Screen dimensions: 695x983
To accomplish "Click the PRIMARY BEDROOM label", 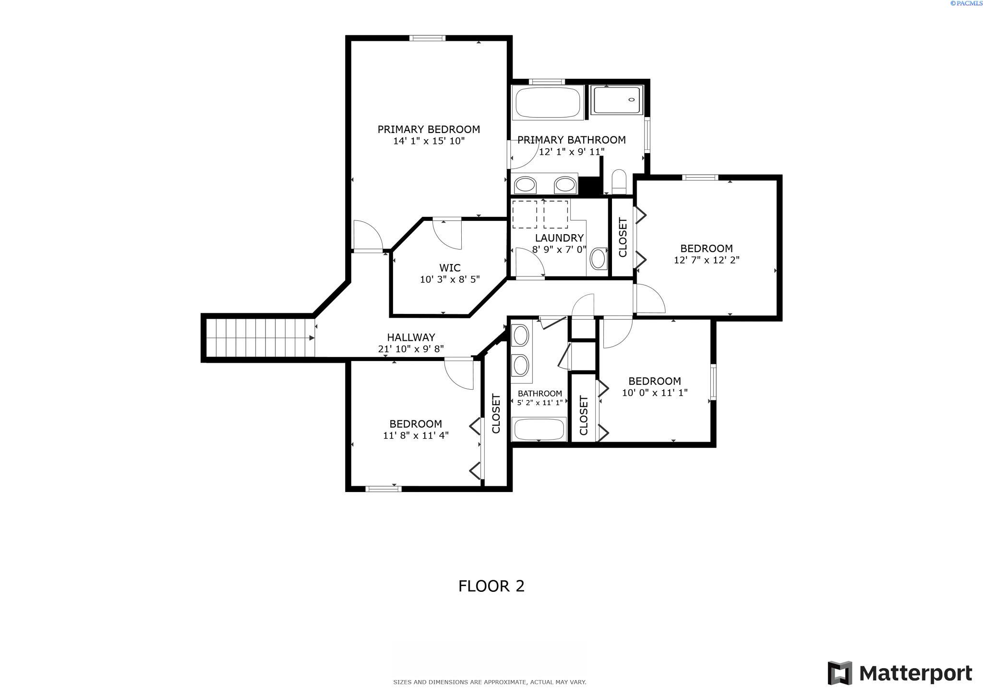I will tap(429, 129).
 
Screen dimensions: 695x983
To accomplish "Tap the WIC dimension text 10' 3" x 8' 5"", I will tap(450, 279).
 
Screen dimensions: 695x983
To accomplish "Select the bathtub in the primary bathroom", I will tap(547, 102).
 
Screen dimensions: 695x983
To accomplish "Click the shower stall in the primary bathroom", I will tap(616, 100).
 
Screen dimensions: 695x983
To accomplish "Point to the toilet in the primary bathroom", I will tap(619, 181).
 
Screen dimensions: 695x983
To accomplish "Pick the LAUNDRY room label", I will tap(559, 238).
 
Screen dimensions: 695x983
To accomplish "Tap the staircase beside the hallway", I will tap(260, 338).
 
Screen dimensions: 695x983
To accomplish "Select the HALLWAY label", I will tap(411, 337).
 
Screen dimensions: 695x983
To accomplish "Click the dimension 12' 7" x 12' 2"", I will tap(707, 260).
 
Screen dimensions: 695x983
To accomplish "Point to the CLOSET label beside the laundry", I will tap(623, 238).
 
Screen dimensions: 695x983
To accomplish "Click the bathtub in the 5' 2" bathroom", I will tap(539, 428).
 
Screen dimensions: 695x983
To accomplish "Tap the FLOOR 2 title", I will tap(491, 586).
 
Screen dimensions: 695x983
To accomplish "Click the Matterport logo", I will tap(899, 673).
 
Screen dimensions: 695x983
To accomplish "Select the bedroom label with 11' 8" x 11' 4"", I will tap(416, 424).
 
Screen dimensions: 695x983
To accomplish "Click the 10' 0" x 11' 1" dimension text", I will tap(655, 393).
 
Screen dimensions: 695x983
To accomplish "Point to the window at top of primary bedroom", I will tap(427, 38).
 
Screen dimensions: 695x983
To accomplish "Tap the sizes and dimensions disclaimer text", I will tap(490, 682).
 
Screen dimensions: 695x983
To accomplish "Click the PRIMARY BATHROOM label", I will tap(571, 140).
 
